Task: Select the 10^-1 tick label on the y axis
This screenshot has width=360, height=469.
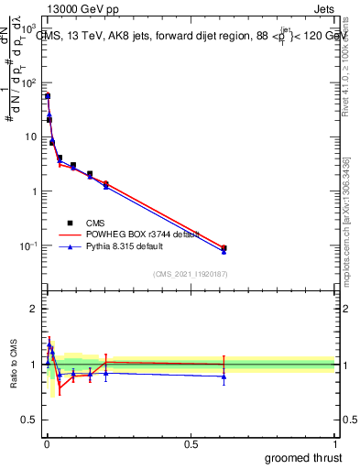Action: click(x=27, y=246)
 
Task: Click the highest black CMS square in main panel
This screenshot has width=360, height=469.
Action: click(x=48, y=95)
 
